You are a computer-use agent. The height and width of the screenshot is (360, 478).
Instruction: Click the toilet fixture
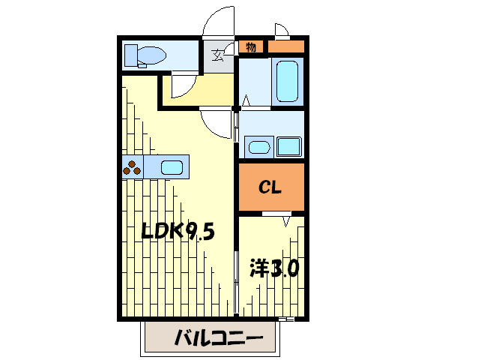(x=147, y=54)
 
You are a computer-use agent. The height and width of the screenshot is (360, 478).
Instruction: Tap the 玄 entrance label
(x=218, y=55)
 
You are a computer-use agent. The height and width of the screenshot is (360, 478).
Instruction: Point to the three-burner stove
(x=133, y=167)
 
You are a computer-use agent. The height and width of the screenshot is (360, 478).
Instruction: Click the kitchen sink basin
(x=172, y=167)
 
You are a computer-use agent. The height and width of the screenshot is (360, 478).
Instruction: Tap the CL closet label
(x=270, y=187)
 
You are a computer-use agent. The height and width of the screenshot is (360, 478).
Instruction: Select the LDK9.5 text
(x=179, y=232)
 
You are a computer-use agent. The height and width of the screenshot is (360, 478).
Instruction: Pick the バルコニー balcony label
(x=218, y=338)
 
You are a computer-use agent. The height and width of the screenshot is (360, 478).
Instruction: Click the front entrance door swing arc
(x=220, y=21)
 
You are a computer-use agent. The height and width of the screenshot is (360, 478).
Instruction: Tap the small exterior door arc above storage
(x=282, y=31)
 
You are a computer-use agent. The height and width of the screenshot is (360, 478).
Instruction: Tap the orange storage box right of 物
(x=285, y=47)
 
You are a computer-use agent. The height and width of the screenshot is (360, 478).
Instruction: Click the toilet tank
(x=131, y=54)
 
